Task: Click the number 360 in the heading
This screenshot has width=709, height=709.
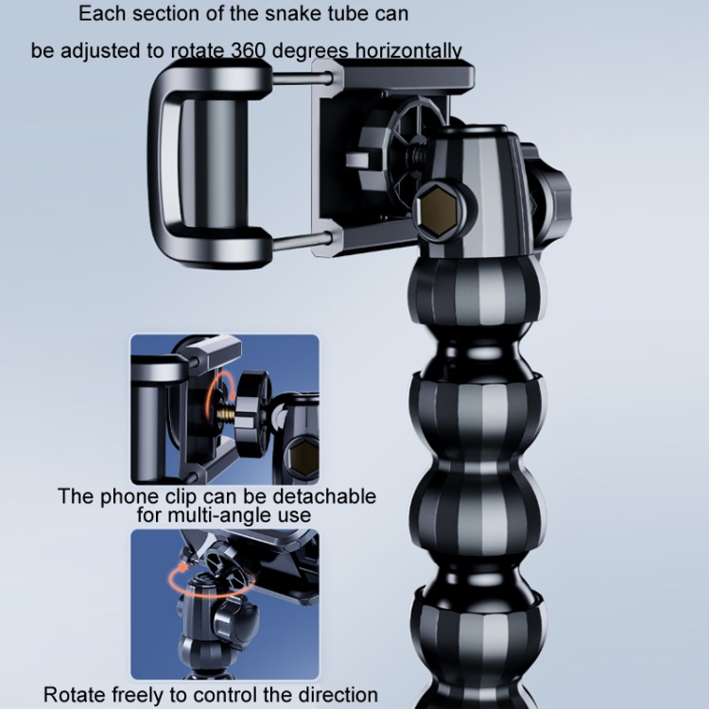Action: tap(249, 51)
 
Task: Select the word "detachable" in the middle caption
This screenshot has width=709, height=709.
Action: tap(324, 496)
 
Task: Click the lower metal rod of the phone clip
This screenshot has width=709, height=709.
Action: tap(302, 241)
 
